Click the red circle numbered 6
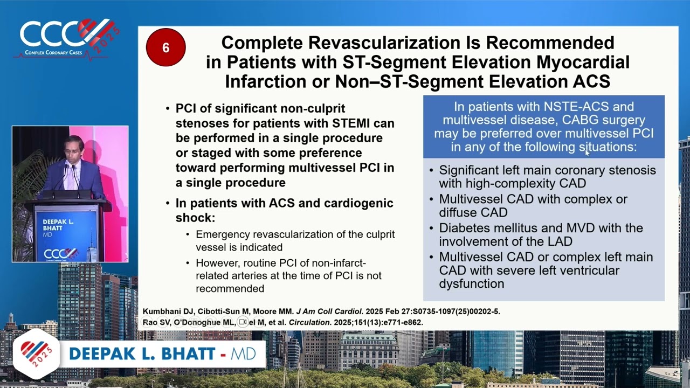point(165,47)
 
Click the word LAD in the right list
point(560,241)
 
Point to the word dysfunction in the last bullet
point(471,283)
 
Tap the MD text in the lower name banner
point(243,354)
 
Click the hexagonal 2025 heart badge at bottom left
point(36,354)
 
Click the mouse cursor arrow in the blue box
point(587,153)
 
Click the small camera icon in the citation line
point(243,322)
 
